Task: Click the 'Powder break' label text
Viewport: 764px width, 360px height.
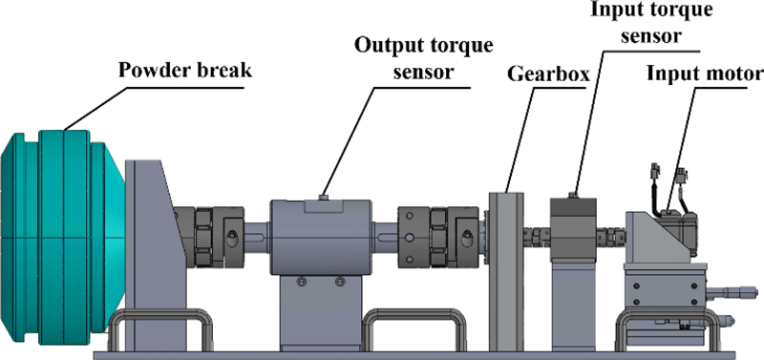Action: click(184, 71)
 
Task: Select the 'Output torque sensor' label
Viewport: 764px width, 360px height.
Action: click(423, 58)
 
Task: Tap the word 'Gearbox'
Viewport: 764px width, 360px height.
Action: click(548, 74)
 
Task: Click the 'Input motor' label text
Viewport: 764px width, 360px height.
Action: click(705, 74)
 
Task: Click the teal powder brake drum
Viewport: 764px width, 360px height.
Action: click(63, 237)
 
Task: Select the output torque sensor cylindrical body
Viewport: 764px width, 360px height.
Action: click(321, 236)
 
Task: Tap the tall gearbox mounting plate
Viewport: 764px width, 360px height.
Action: click(506, 271)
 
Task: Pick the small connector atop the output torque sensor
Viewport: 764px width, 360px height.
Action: click(322, 197)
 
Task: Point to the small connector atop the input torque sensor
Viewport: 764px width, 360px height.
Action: click(574, 195)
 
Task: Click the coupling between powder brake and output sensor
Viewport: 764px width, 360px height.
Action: click(209, 237)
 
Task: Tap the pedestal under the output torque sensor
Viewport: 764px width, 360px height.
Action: click(320, 311)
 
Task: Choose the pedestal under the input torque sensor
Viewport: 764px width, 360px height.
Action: click(572, 307)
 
